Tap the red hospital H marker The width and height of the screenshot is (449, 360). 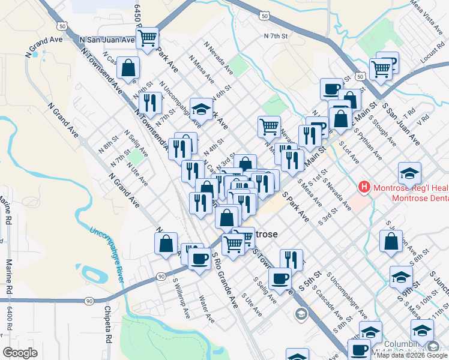point(364,187)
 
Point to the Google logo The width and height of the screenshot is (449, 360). point(20,353)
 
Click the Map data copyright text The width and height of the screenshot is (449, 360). point(411,355)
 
